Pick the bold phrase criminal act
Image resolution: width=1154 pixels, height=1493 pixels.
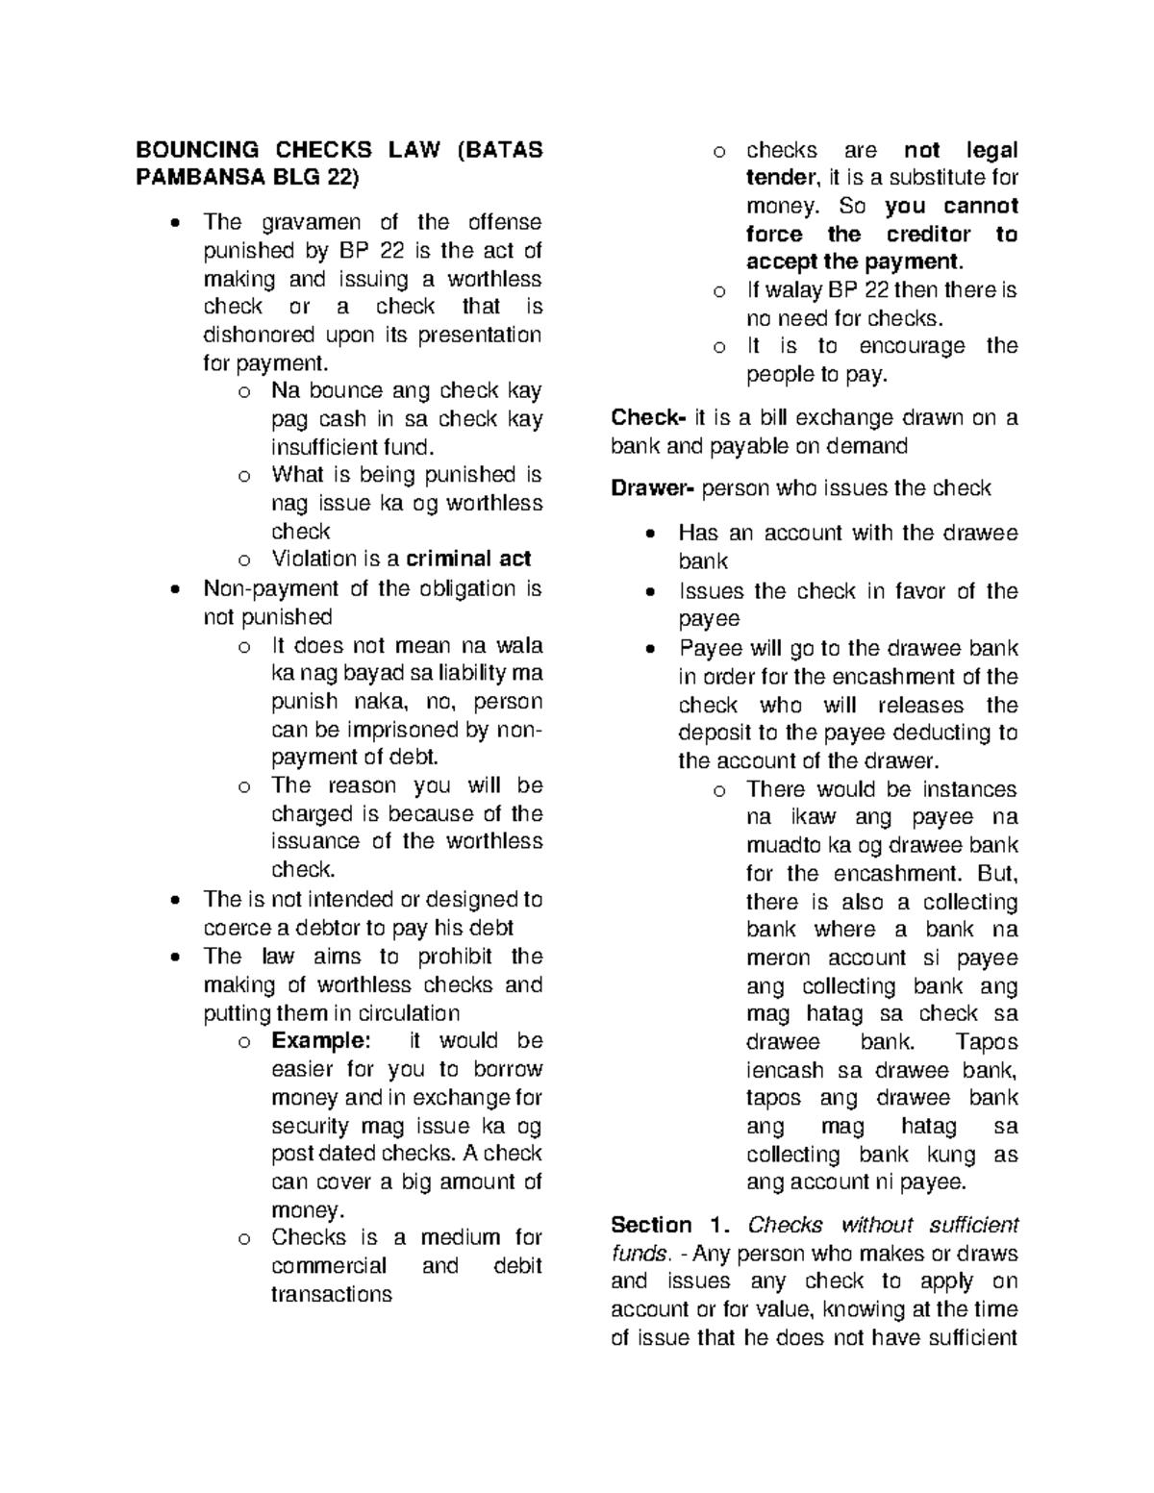pyautogui.click(x=468, y=560)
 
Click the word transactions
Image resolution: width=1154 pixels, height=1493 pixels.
pyautogui.click(x=332, y=1294)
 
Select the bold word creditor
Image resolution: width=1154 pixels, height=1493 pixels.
pyautogui.click(x=928, y=235)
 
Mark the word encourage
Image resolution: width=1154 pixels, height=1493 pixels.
pyautogui.click(x=911, y=346)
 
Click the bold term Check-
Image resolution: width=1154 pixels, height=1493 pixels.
pyautogui.click(x=648, y=419)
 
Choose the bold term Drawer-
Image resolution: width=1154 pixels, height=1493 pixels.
pyautogui.click(x=653, y=488)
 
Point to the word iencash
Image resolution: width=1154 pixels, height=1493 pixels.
pyautogui.click(x=785, y=1071)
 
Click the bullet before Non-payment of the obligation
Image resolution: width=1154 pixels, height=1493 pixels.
pyautogui.click(x=174, y=589)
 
